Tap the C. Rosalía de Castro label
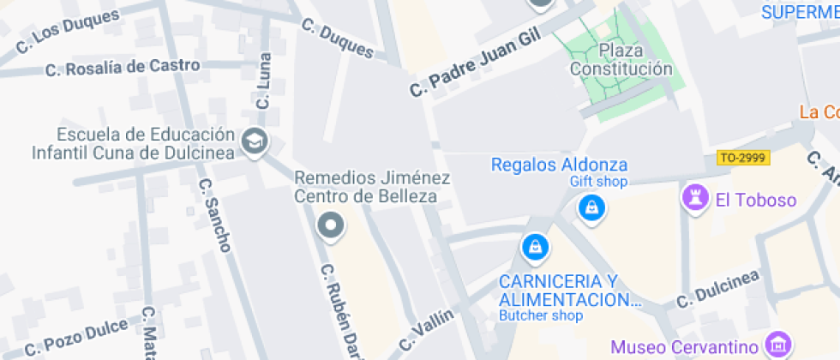[123, 66]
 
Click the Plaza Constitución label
[621, 59]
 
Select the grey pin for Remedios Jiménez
[329, 226]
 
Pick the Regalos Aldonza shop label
[559, 165]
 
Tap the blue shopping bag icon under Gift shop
[591, 207]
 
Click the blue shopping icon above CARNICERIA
[535, 248]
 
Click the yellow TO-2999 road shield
[743, 158]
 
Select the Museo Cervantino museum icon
[778, 345]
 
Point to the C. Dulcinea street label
[718, 289]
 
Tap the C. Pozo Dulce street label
[76, 337]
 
